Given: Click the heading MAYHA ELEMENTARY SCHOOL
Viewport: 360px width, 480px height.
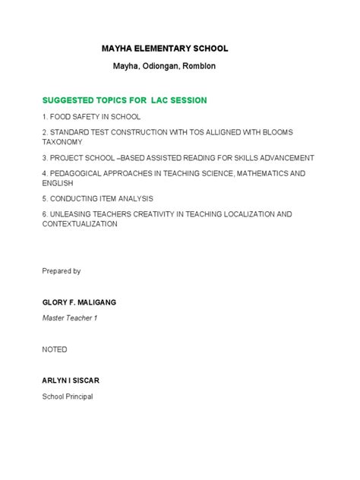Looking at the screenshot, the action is point(165,49).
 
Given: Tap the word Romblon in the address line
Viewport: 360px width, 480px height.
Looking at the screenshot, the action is point(198,66).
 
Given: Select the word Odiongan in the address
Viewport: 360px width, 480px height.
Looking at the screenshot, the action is point(156,66).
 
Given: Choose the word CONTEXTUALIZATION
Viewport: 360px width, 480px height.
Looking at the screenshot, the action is point(80,225).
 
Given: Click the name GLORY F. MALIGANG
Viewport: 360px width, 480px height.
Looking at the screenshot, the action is point(79,302).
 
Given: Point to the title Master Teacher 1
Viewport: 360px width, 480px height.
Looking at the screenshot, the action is point(70,318).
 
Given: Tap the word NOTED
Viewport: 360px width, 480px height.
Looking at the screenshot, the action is point(55,349).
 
